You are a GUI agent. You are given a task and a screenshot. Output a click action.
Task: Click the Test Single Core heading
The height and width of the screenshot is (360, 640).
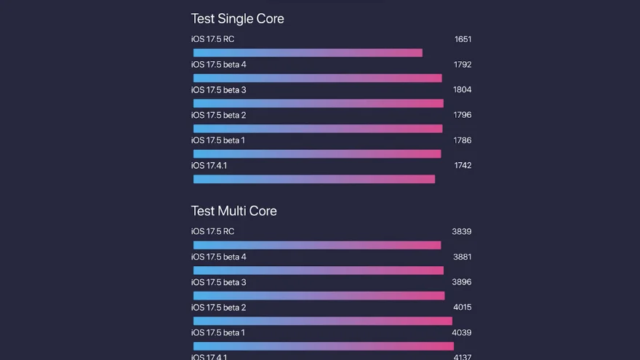(x=237, y=19)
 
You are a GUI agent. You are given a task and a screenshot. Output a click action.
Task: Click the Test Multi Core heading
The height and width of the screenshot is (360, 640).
(x=233, y=211)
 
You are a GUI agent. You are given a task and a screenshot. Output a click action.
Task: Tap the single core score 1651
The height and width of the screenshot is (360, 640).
(x=463, y=39)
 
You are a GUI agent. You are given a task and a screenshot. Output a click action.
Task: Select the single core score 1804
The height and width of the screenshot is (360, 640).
(x=462, y=90)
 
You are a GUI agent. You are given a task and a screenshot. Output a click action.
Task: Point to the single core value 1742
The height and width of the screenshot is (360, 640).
(x=463, y=166)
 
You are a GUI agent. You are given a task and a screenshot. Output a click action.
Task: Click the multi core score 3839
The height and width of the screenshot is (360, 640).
(x=461, y=232)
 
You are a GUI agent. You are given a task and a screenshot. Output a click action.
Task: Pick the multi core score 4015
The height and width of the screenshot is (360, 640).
(x=461, y=308)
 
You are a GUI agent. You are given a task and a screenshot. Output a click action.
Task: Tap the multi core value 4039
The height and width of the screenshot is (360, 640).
(x=461, y=333)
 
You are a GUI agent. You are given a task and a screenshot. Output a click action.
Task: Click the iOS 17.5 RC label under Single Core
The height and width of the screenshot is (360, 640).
(x=212, y=39)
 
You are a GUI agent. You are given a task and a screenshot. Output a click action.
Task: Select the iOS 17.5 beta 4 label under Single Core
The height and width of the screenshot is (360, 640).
(x=218, y=65)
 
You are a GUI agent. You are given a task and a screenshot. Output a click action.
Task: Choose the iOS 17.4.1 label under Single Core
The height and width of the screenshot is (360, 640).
(x=209, y=166)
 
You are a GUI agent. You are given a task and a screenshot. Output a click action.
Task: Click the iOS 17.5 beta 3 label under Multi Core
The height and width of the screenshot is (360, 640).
(x=218, y=282)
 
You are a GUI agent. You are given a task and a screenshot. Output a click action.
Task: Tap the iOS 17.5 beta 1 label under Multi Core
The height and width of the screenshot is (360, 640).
(x=218, y=333)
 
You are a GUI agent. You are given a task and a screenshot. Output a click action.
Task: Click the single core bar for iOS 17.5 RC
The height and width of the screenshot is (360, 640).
(x=308, y=53)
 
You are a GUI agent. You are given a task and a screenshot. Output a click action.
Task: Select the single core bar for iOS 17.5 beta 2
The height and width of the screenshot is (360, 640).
(x=318, y=129)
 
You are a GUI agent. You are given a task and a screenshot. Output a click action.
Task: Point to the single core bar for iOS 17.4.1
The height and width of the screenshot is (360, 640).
(x=314, y=179)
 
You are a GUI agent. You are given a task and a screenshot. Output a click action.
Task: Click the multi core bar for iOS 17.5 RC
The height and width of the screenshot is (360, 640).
(x=317, y=246)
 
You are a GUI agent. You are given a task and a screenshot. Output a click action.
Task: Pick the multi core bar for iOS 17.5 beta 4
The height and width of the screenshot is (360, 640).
(x=319, y=271)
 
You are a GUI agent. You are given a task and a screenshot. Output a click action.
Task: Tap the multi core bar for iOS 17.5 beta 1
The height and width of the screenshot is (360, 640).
(x=324, y=346)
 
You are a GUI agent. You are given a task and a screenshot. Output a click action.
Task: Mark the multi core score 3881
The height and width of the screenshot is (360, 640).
(x=461, y=257)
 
